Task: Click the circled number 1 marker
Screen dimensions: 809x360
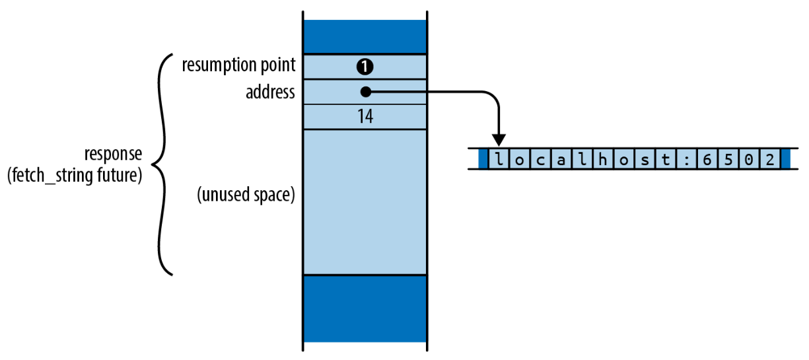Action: coord(365,67)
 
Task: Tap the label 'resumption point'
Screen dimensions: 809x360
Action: coord(238,65)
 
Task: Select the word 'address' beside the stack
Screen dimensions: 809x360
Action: coord(270,92)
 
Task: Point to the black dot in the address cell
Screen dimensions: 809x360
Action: coord(366,92)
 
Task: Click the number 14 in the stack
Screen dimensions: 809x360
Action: coord(365,117)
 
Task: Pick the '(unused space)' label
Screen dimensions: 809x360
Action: coord(246,195)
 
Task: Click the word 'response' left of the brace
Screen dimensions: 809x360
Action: coord(113,154)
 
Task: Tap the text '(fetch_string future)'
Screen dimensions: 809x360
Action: coord(75,176)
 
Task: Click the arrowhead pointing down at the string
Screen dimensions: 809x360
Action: coord(499,140)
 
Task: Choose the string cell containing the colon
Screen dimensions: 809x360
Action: coord(687,159)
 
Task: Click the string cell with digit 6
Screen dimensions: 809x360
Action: coord(707,159)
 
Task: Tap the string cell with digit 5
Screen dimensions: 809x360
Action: coord(728,159)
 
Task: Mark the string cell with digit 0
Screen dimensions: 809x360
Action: coord(749,159)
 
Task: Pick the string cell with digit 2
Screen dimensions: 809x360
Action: coord(770,159)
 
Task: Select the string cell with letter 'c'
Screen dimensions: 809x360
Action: coord(541,159)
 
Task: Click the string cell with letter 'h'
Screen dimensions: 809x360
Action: coord(603,159)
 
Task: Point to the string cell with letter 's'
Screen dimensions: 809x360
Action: coord(645,159)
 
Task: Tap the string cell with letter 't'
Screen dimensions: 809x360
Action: coord(666,159)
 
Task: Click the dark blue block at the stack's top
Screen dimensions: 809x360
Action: coord(365,37)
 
